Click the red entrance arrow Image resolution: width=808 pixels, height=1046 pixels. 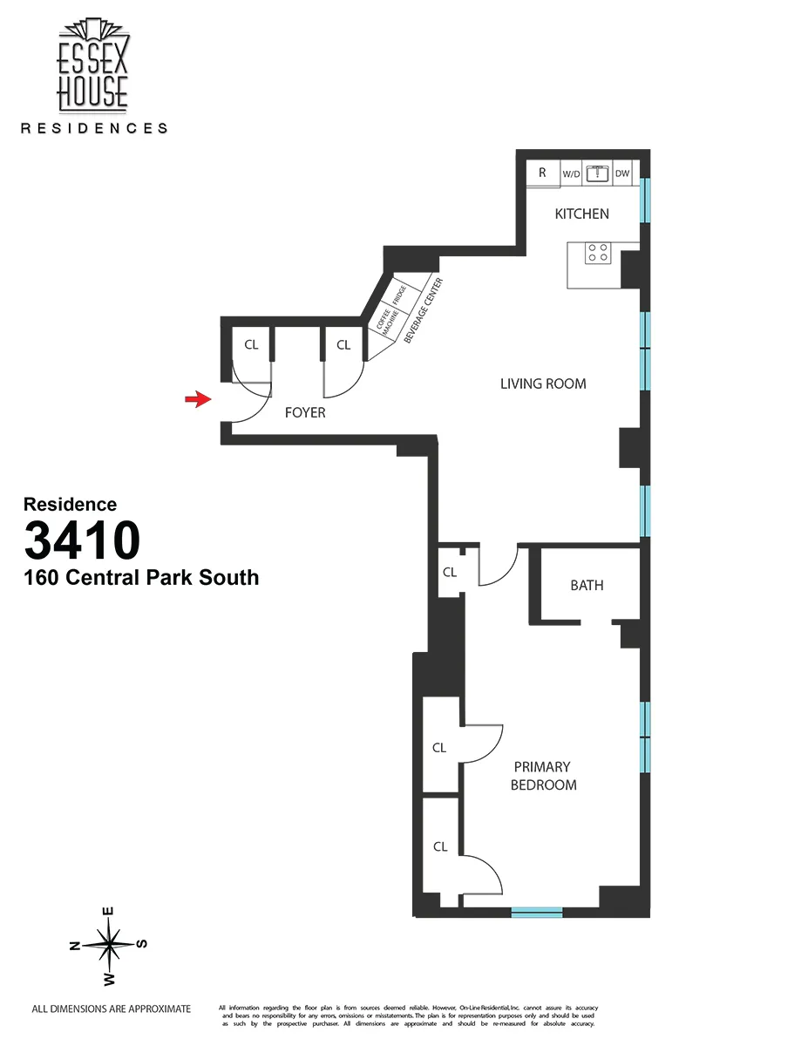click(x=198, y=399)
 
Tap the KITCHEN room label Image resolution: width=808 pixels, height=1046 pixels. click(x=581, y=214)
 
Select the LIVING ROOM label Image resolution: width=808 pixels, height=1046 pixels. click(x=543, y=384)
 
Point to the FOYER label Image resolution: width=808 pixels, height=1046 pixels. click(x=305, y=412)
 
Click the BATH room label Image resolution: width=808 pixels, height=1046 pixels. click(x=587, y=586)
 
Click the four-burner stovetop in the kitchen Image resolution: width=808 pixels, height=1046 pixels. click(x=598, y=253)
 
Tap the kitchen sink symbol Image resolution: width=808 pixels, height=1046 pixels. click(x=597, y=173)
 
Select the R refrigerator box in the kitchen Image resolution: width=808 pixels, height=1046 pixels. click(x=542, y=173)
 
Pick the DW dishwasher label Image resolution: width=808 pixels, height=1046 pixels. click(x=622, y=174)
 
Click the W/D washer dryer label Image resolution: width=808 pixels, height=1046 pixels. click(x=571, y=174)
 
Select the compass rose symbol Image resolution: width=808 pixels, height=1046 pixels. click(x=109, y=944)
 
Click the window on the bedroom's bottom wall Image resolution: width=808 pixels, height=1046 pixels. click(x=536, y=913)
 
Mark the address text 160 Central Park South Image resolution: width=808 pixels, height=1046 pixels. click(x=141, y=577)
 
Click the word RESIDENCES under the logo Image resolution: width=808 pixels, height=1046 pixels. click(x=93, y=128)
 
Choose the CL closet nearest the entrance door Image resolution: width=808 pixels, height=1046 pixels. click(x=251, y=345)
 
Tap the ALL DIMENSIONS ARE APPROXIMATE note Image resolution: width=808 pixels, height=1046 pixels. click(x=111, y=1009)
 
